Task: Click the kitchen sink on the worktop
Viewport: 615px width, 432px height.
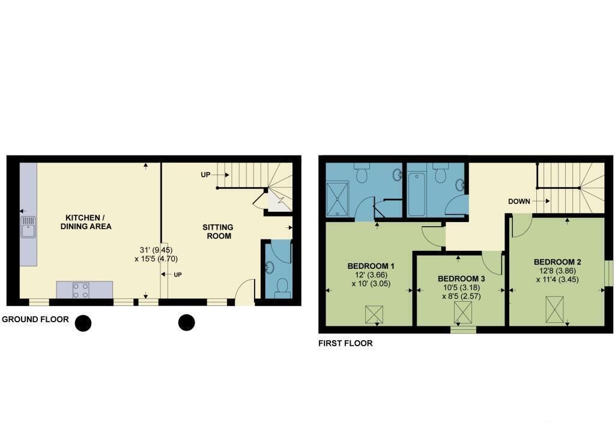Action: [x=28, y=227]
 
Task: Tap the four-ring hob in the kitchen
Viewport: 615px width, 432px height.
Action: [x=80, y=290]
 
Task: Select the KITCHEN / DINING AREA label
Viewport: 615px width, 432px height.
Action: [x=85, y=222]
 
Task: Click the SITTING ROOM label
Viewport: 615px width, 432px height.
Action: [x=218, y=231]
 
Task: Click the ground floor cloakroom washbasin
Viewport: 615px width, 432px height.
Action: [x=270, y=268]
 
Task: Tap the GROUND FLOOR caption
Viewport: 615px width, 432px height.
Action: [x=35, y=319]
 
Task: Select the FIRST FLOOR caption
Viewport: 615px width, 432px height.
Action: [x=345, y=343]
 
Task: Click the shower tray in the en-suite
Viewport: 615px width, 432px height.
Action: [x=338, y=199]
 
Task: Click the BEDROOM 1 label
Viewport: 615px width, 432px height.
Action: [x=371, y=266]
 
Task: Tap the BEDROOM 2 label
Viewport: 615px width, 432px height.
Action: [x=557, y=262]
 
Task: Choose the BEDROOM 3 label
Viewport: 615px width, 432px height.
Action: [x=461, y=279]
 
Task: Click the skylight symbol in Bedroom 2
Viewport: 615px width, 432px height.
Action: [x=554, y=310]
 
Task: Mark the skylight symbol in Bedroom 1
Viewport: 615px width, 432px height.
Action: [x=374, y=314]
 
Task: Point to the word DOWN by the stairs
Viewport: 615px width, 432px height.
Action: [x=519, y=202]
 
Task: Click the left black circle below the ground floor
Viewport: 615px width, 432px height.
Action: [x=83, y=323]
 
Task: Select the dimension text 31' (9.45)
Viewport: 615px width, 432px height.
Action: [x=156, y=250]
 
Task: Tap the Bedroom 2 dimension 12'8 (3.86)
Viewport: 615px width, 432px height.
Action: [x=557, y=271]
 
